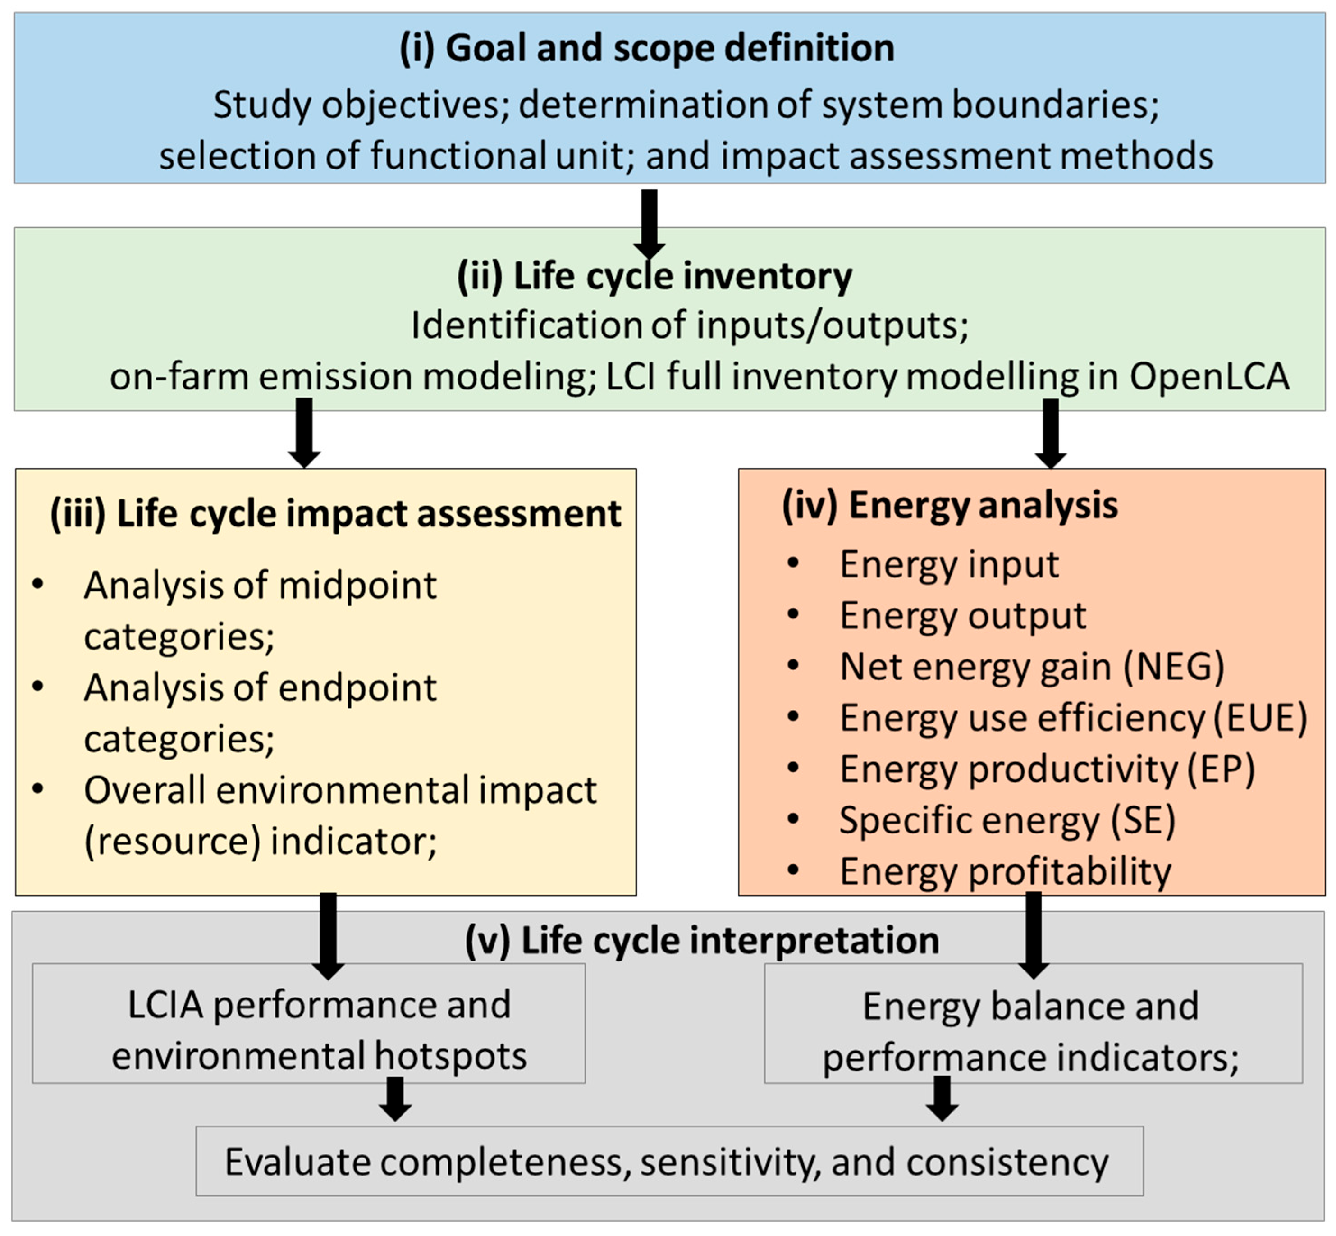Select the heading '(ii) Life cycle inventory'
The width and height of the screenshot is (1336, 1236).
coord(654,275)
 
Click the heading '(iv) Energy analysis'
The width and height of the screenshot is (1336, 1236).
coord(950,505)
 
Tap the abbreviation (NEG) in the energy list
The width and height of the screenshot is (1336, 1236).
coord(1174,667)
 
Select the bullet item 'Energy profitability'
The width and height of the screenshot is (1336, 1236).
coord(1005,871)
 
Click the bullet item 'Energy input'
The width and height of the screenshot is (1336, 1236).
coord(949,564)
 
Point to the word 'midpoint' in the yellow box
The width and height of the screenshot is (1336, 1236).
coord(357,586)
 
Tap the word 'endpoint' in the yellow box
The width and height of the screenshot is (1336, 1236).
coord(357,688)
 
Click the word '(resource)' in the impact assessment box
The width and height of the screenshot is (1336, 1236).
coord(172,842)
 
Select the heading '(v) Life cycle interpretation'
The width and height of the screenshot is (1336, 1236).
coord(701,940)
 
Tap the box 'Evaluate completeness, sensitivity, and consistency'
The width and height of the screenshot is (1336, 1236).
coord(666,1162)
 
